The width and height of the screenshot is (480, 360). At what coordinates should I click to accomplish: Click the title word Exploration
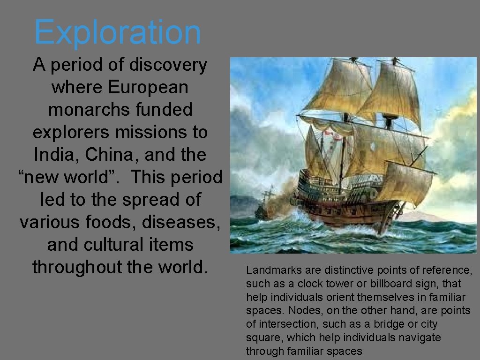point(118,31)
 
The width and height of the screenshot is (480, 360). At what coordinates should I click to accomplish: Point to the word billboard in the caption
point(395,284)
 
